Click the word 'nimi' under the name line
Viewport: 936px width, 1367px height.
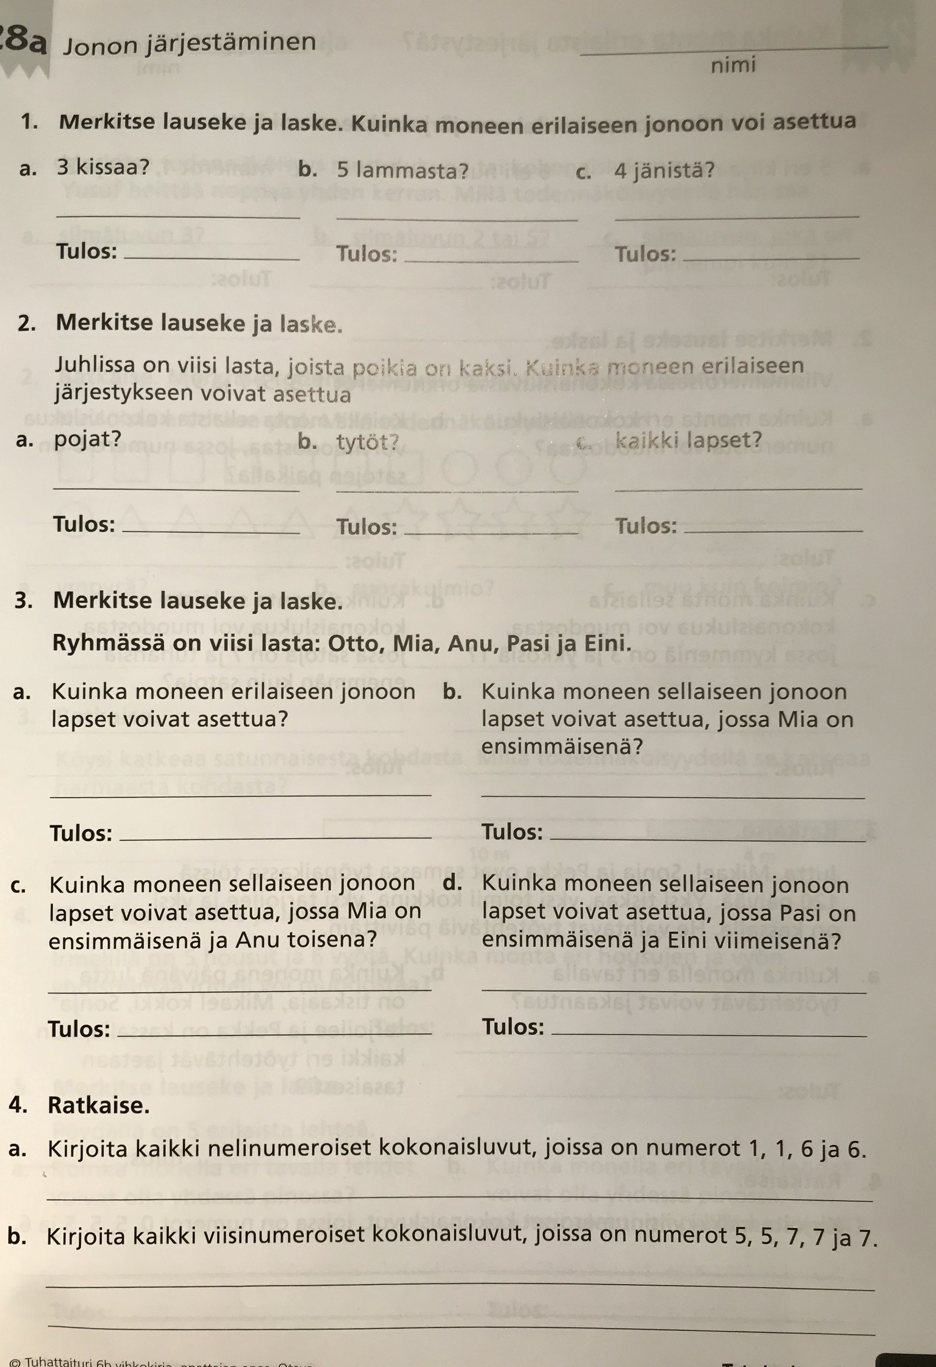[733, 65]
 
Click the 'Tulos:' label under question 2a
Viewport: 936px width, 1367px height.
[84, 523]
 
